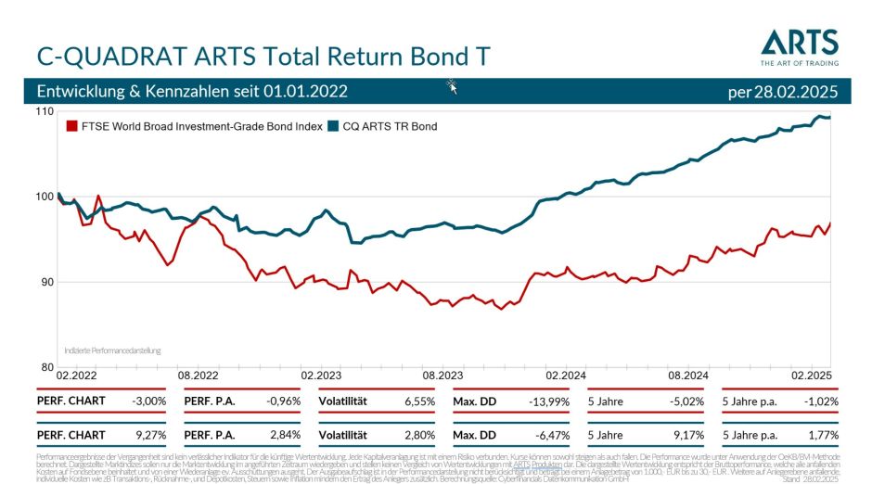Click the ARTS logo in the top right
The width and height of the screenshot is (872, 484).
coord(799,46)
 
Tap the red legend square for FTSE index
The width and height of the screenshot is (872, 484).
coord(71,126)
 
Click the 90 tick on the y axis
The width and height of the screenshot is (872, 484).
coord(46,282)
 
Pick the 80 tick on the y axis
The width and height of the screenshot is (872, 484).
coord(46,366)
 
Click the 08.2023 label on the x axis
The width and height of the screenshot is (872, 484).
coord(442,376)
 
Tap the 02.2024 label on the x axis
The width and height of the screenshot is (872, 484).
coord(565,376)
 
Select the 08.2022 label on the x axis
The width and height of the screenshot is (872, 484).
coord(198,376)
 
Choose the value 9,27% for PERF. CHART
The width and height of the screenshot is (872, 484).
coord(150,434)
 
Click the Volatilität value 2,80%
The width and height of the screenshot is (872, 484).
coord(419,434)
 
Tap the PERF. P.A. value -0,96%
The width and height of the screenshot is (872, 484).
coord(284,401)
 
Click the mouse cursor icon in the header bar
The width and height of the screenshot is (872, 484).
coord(453,87)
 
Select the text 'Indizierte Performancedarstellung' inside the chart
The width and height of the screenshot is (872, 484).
coord(112,351)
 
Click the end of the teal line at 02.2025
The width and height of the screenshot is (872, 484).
coord(829,118)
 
